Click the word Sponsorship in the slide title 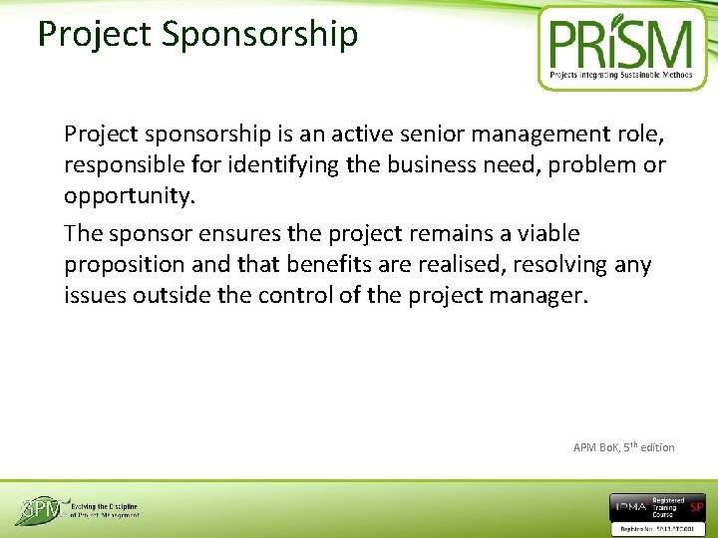pyautogui.click(x=258, y=35)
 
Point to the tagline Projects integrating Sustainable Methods pyautogui.click(x=621, y=75)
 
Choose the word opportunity pyautogui.click(x=128, y=195)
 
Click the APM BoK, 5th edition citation pyautogui.click(x=623, y=447)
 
